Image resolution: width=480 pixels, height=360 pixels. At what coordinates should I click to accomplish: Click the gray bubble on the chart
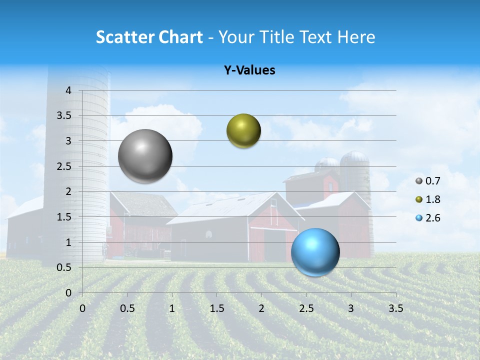145,156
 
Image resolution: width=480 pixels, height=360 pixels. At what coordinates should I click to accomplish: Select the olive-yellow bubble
243,131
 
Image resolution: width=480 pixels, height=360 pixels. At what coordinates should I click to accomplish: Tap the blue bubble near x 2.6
315,252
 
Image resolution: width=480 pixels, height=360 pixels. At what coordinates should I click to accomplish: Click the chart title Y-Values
249,70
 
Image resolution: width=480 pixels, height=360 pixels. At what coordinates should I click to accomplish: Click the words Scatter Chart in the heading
149,37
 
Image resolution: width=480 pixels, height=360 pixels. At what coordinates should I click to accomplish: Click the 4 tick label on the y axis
68,90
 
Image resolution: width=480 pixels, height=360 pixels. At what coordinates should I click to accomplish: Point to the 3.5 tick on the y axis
64,116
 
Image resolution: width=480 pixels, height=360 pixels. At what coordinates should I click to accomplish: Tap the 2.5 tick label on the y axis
64,166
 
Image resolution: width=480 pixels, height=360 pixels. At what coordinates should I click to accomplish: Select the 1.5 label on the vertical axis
64,217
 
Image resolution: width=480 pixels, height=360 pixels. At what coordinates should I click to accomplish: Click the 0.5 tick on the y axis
64,267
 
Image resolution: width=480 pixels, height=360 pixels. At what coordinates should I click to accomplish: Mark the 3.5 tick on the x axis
395,308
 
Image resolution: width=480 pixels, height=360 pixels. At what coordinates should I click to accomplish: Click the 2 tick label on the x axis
261,308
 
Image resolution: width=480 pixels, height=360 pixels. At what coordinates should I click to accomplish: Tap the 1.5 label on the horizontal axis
216,308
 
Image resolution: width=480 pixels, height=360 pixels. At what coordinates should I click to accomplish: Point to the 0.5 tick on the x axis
127,308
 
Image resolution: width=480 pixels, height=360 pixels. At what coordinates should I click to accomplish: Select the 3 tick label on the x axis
351,308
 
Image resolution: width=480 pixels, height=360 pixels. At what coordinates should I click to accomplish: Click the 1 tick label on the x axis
172,308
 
